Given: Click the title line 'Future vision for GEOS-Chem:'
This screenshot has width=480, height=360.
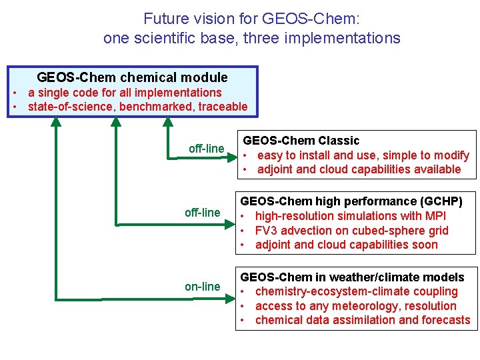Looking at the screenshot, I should [251, 19].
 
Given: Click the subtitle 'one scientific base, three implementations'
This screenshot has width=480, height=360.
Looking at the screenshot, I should [251, 38].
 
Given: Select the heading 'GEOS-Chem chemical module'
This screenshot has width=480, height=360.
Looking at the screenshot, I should [132, 78].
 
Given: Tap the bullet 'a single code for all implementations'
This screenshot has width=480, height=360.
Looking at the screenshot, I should [125, 92].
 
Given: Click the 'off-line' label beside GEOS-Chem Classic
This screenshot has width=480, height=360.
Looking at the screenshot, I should [206, 148].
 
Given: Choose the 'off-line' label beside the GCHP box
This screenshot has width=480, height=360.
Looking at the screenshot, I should [202, 212].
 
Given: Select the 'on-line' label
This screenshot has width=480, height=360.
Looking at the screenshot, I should [202, 287].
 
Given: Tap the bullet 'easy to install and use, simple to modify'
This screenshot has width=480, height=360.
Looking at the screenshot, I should [363, 155].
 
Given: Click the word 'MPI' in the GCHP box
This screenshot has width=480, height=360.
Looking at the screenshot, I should [435, 216].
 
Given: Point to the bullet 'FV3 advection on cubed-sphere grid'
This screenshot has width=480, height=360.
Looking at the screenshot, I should [351, 231].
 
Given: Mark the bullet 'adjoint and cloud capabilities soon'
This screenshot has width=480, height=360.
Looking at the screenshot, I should [346, 245].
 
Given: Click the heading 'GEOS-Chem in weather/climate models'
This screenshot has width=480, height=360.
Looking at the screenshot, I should [352, 277].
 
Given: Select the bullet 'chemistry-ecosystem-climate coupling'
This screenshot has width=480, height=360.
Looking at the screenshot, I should [356, 291].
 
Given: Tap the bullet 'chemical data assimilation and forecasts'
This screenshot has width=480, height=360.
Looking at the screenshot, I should [362, 320].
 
